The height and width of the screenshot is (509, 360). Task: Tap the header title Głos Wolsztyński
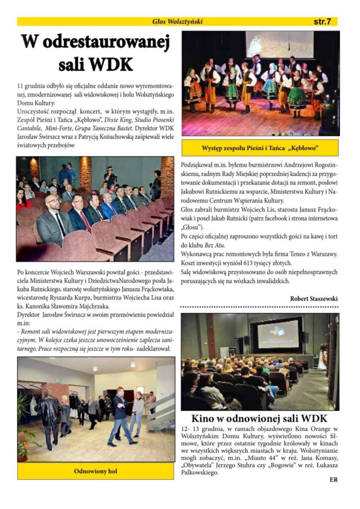pyautogui.click(x=178, y=22)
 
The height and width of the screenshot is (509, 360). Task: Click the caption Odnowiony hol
pyautogui.click(x=96, y=470)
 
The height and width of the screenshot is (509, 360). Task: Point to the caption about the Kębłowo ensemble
pyautogui.click(x=260, y=148)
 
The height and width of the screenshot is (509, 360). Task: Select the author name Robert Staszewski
pyautogui.click(x=314, y=299)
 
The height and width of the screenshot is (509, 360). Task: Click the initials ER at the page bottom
pyautogui.click(x=333, y=480)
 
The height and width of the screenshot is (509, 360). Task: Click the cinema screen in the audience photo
pyautogui.click(x=278, y=334)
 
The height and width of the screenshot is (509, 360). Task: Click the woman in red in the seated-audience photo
pyautogui.click(x=22, y=198)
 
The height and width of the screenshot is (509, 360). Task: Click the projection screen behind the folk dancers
pyautogui.click(x=279, y=45)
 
